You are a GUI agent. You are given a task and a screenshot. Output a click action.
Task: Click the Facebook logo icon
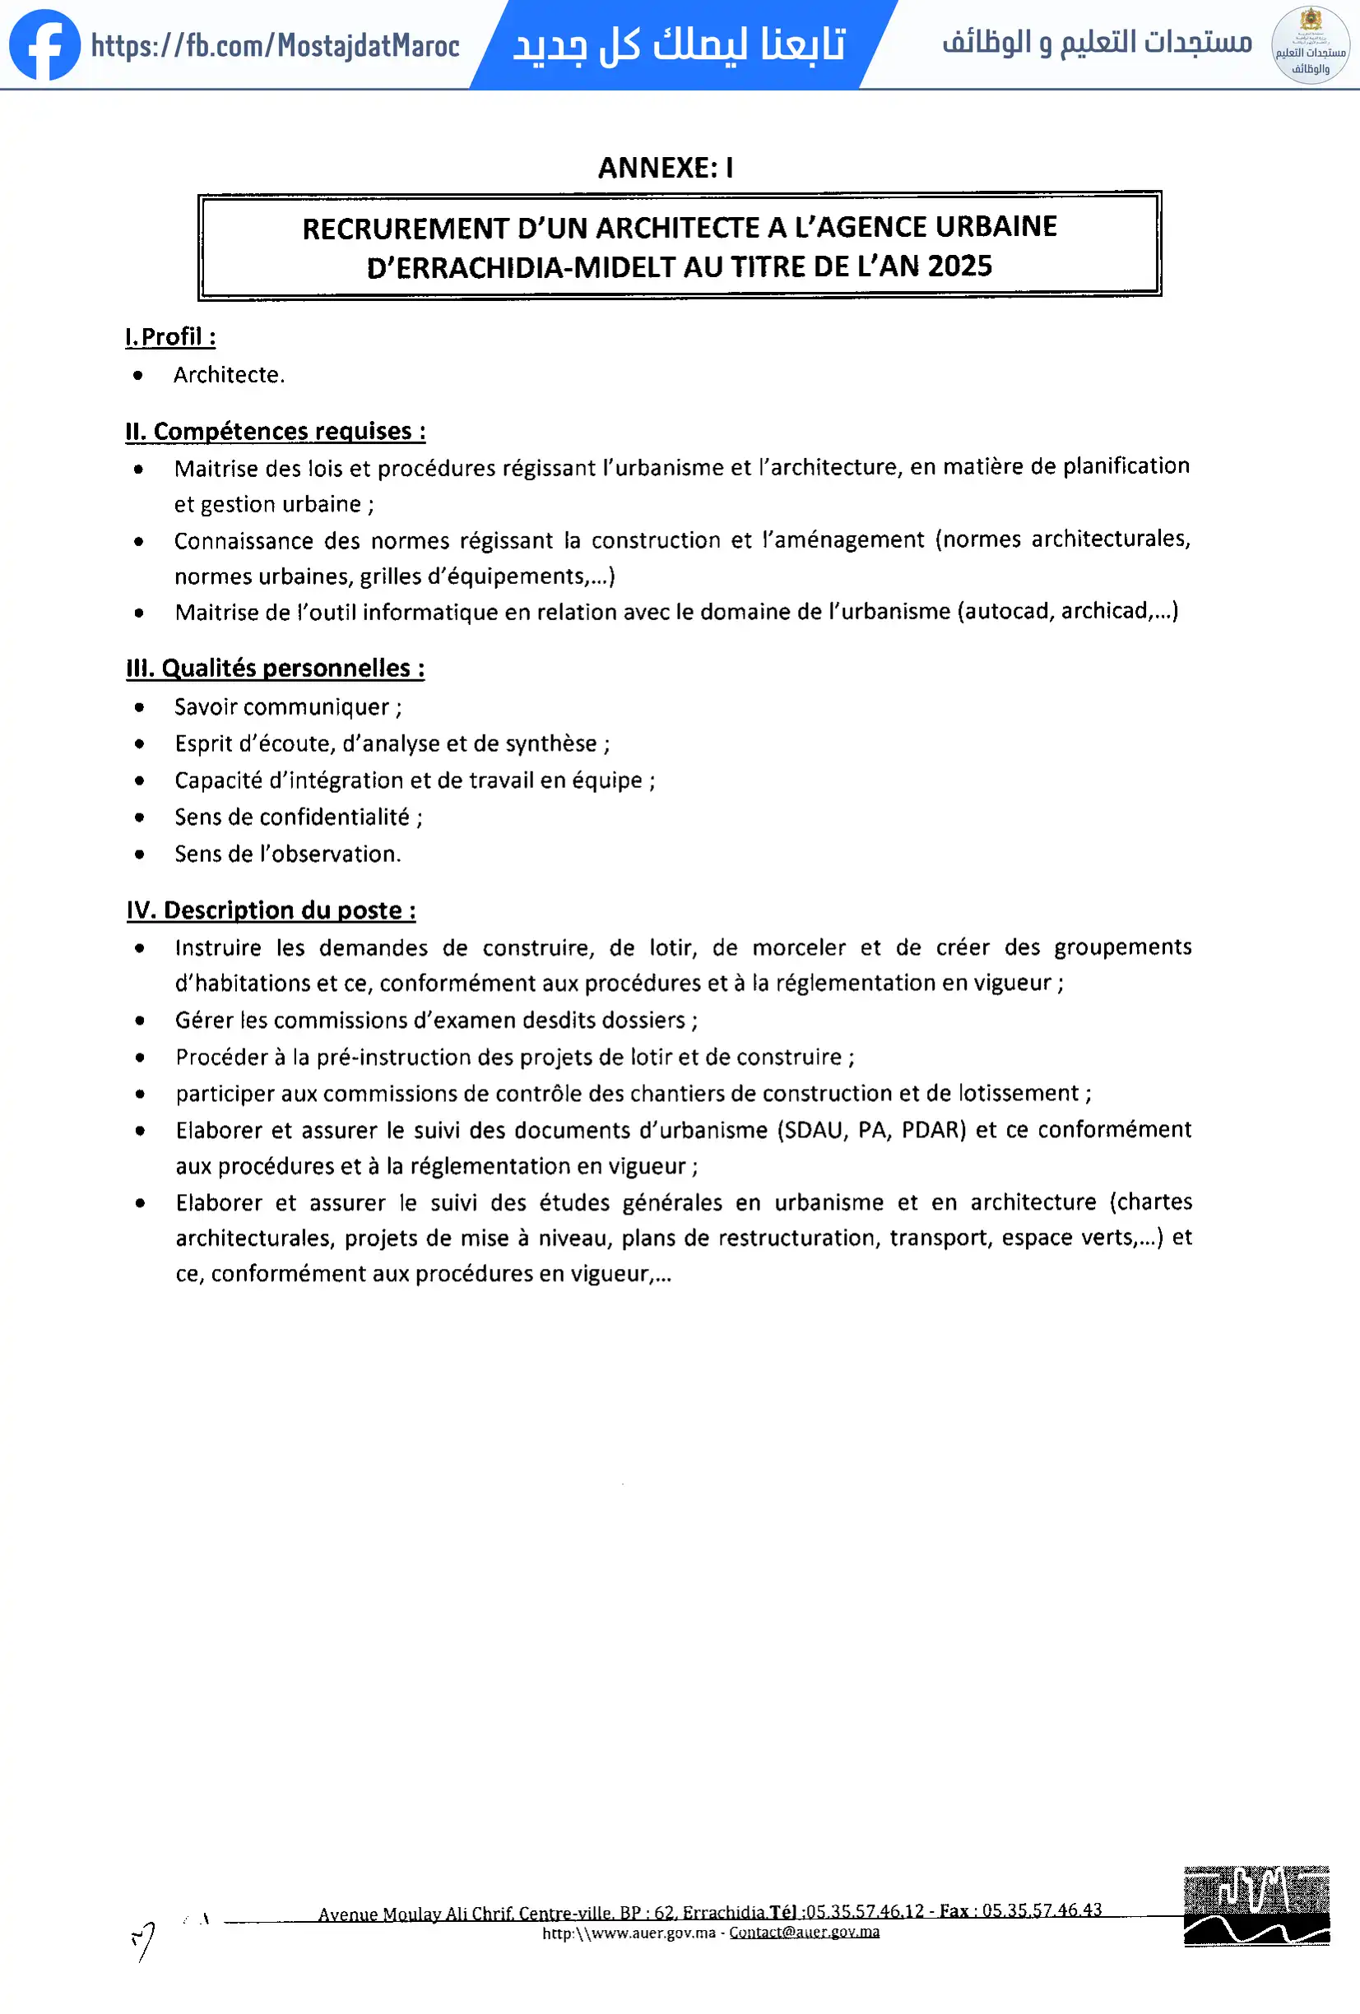(44, 45)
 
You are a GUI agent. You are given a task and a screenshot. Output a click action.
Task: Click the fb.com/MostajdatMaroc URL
(275, 45)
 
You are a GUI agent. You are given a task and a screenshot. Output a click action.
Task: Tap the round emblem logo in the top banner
(1310, 45)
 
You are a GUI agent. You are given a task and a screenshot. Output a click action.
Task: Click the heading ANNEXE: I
(666, 167)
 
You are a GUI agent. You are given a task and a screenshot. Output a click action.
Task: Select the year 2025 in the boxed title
(959, 266)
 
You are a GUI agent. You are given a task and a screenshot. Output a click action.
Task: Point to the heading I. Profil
(171, 336)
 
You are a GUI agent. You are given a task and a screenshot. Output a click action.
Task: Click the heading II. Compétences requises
(276, 431)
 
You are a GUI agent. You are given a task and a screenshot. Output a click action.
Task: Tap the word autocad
(1006, 611)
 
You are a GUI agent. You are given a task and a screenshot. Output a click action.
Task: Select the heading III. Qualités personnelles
(276, 668)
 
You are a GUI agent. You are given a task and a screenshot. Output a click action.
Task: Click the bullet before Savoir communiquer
(140, 707)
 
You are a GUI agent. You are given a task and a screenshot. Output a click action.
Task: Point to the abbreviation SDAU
(815, 1130)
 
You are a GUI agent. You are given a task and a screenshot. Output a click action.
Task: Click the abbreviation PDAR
(933, 1130)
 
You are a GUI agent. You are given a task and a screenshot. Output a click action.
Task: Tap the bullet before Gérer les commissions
(140, 1021)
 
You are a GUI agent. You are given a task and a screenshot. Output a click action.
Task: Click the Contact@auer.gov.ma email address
(805, 1933)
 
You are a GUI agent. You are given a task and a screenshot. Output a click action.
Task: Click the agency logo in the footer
(1256, 1905)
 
